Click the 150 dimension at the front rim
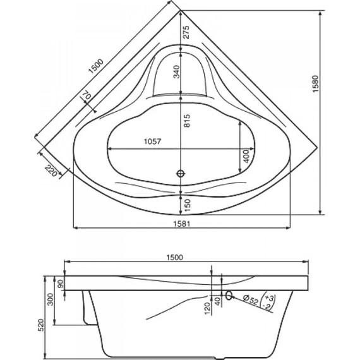[187, 203]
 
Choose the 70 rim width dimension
[87, 97]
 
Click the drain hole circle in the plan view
[181, 172]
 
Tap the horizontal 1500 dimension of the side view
[174, 256]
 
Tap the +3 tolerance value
[270, 297]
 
